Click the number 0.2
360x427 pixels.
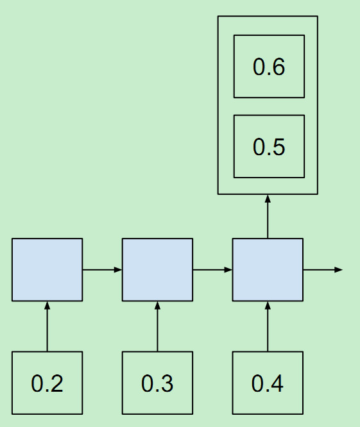coord(47,383)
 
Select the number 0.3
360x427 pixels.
coord(157,383)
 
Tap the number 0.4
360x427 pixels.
coord(268,383)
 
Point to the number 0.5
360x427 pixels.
coord(269,147)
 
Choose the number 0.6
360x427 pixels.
coord(269,67)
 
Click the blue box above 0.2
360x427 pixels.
coord(47,269)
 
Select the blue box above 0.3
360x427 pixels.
coord(157,269)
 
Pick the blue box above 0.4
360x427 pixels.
coord(268,269)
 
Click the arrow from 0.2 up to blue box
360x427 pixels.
coord(47,326)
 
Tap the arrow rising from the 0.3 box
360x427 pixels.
coord(157,326)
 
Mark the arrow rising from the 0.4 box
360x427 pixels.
coord(268,326)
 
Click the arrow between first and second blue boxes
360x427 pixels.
coord(102,269)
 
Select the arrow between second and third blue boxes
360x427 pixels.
coord(212,269)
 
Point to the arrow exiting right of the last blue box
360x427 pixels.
coord(322,269)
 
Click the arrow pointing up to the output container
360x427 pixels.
coord(268,217)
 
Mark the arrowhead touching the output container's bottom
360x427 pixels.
coord(268,199)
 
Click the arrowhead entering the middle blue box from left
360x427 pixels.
coord(119,269)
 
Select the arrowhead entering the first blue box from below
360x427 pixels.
coord(47,305)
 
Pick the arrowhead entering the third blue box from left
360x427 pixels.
coord(229,269)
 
